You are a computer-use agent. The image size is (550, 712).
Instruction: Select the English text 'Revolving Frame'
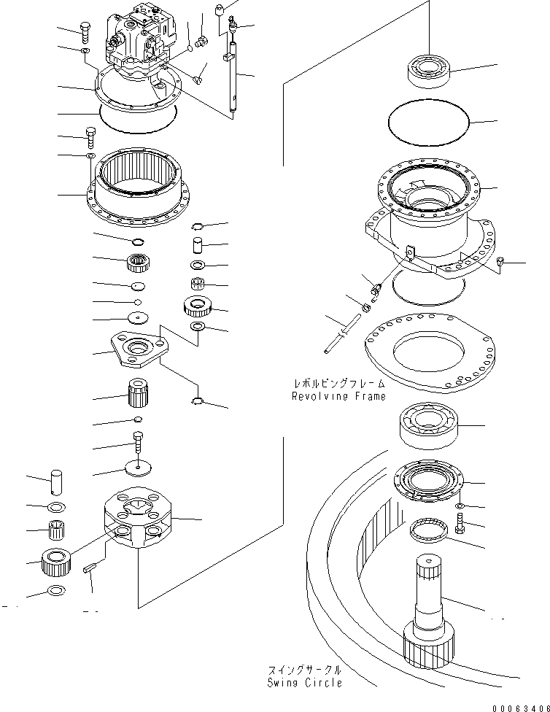click(337, 397)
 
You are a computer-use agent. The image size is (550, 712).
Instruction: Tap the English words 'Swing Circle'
click(305, 683)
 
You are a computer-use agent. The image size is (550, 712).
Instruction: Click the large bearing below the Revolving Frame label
click(428, 425)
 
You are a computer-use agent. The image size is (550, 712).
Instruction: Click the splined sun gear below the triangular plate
click(138, 395)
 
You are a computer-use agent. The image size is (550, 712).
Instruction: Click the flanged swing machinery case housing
click(427, 219)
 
